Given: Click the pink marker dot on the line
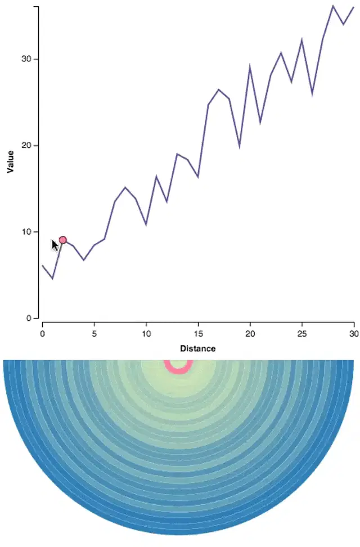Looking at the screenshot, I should coord(63,240).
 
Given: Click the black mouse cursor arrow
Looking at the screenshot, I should coord(55,245).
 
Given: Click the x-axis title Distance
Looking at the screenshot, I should coord(197,348).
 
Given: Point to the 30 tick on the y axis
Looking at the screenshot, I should coord(27,59).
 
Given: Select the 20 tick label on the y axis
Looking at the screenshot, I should coord(27,145).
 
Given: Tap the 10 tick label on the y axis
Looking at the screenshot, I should coord(27,232).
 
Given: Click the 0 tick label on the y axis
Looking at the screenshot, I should coord(29,318).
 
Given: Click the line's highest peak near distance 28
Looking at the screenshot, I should coord(333,6).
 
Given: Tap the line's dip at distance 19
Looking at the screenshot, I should coord(240,146).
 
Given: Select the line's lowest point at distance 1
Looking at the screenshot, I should coord(52,278).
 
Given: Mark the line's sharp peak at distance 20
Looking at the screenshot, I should coord(250,66).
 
